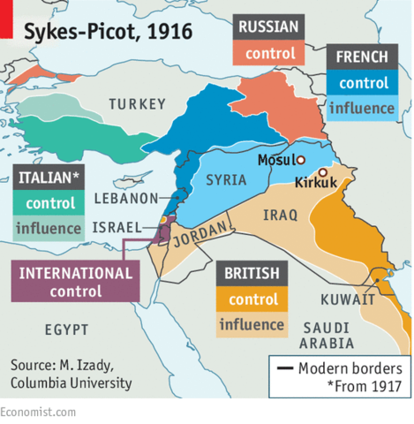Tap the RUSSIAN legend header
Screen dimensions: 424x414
pyautogui.click(x=270, y=26)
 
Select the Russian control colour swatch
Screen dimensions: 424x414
pyautogui.click(x=270, y=54)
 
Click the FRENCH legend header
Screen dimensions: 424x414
pyautogui.click(x=362, y=58)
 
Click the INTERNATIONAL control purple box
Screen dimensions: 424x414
pyautogui.click(x=75, y=280)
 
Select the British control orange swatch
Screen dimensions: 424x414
pyautogui.click(x=253, y=299)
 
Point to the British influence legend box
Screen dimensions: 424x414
pyautogui.click(x=253, y=324)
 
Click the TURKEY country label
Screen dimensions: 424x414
pyautogui.click(x=137, y=105)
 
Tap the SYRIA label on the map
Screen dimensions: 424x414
pyautogui.click(x=226, y=180)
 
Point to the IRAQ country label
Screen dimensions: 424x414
pyautogui.click(x=280, y=215)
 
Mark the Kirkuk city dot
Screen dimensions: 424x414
pyautogui.click(x=323, y=172)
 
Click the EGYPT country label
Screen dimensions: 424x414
pyautogui.click(x=67, y=329)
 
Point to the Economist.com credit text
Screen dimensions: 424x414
pyautogui.click(x=38, y=413)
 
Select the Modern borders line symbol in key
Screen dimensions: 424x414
pyautogui.click(x=284, y=368)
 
